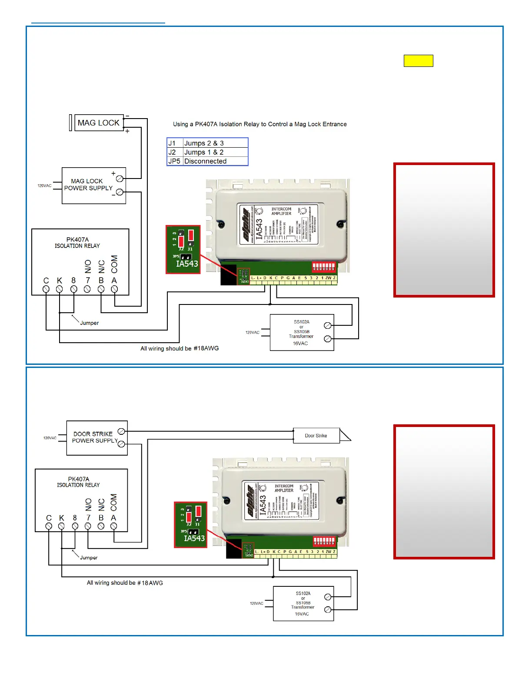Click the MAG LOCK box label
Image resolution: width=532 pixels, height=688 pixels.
[99, 123]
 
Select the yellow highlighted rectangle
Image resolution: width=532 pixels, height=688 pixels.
[418, 61]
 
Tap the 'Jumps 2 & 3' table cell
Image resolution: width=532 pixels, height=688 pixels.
[204, 143]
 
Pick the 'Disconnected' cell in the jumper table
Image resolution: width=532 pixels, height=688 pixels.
[205, 161]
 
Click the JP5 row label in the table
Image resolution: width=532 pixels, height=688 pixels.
[174, 161]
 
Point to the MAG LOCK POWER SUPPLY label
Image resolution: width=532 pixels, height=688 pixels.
[88, 185]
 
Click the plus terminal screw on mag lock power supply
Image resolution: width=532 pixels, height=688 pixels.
[120, 178]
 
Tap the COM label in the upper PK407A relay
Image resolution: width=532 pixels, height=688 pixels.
[114, 264]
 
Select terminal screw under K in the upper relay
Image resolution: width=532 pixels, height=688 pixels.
[60, 289]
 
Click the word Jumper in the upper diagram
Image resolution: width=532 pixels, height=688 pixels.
[90, 323]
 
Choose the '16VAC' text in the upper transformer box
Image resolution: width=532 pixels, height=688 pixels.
[300, 344]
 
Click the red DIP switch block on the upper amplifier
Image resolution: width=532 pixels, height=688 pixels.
[324, 266]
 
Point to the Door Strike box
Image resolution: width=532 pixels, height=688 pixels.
[316, 436]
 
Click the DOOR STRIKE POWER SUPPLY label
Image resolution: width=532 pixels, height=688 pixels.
[94, 437]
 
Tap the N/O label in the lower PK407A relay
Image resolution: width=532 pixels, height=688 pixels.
[88, 505]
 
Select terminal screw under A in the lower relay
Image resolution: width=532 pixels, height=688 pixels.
[114, 526]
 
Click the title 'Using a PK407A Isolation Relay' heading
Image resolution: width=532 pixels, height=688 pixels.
[260, 124]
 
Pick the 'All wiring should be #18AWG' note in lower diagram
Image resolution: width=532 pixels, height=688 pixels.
[125, 583]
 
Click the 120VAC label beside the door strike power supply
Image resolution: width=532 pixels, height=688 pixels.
[50, 438]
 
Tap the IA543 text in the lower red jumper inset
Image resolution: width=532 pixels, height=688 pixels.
[194, 539]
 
